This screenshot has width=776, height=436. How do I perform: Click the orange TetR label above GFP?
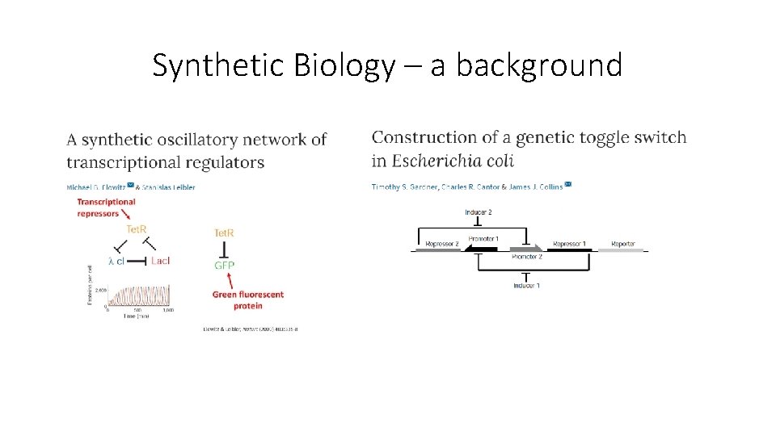224,233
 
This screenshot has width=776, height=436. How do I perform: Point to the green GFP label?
224,265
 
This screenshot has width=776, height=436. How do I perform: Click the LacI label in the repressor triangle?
160,261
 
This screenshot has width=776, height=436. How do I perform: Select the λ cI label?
116,261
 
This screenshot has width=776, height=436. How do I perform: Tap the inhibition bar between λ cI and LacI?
136,261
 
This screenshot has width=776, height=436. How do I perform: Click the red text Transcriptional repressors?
106,208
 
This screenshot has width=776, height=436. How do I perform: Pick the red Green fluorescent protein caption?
248,300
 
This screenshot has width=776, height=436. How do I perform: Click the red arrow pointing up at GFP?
232,281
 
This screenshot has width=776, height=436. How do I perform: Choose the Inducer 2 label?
479,212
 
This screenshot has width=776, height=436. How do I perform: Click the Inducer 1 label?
527,285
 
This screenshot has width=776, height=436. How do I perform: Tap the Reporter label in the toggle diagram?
622,243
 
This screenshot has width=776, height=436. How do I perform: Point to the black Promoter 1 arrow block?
481,249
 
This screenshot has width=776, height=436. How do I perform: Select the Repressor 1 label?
569,243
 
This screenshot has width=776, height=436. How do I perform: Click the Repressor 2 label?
441,243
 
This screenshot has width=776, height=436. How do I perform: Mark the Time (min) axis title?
136,316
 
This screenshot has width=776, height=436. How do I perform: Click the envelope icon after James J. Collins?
568,185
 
